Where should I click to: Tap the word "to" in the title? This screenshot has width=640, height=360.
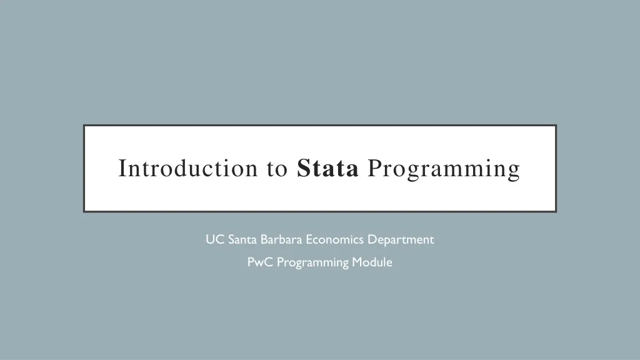click(x=276, y=169)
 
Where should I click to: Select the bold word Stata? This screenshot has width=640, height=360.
click(x=328, y=169)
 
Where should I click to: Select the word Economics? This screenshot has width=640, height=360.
click(x=335, y=239)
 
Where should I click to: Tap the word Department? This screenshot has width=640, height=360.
click(x=401, y=239)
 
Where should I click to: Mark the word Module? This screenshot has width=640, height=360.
click(x=372, y=262)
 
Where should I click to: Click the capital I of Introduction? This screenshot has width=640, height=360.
click(x=122, y=169)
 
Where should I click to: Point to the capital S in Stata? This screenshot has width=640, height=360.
click(x=304, y=169)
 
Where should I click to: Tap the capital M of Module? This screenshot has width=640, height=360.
click(x=357, y=262)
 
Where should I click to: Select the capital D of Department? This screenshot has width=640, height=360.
click(x=371, y=239)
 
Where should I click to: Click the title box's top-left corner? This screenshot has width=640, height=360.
click(x=84, y=126)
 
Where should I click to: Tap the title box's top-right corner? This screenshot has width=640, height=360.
click(x=556, y=126)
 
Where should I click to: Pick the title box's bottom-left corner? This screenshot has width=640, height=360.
click(x=84, y=211)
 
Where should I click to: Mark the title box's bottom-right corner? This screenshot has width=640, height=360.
click(x=556, y=211)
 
